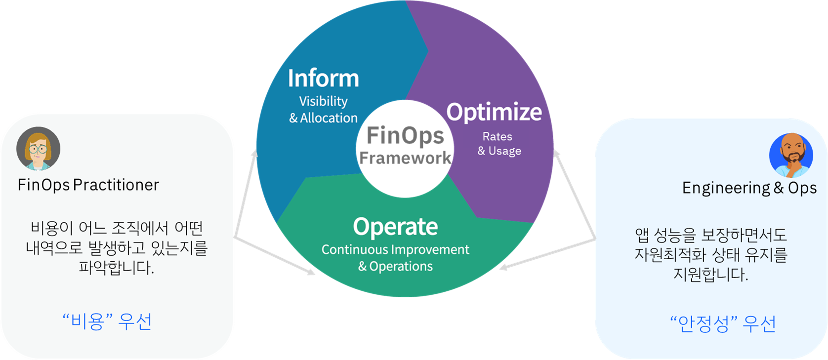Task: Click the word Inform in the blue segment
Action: (323, 79)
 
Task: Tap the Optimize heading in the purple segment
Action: (494, 112)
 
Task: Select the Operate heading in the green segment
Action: (395, 227)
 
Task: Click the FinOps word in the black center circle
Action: (405, 136)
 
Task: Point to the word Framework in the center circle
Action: (405, 158)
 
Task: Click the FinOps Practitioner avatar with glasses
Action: (38, 148)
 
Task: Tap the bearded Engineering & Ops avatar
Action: (791, 155)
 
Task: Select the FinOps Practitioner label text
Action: (88, 185)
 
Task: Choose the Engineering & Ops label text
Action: (749, 188)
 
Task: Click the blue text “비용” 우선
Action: (107, 321)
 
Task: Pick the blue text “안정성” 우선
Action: (723, 324)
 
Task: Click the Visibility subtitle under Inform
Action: (323, 101)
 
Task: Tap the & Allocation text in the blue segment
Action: (323, 118)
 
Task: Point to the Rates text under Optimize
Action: (497, 136)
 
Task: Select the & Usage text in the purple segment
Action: (499, 151)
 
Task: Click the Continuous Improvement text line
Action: (395, 249)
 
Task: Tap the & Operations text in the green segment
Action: (395, 266)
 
